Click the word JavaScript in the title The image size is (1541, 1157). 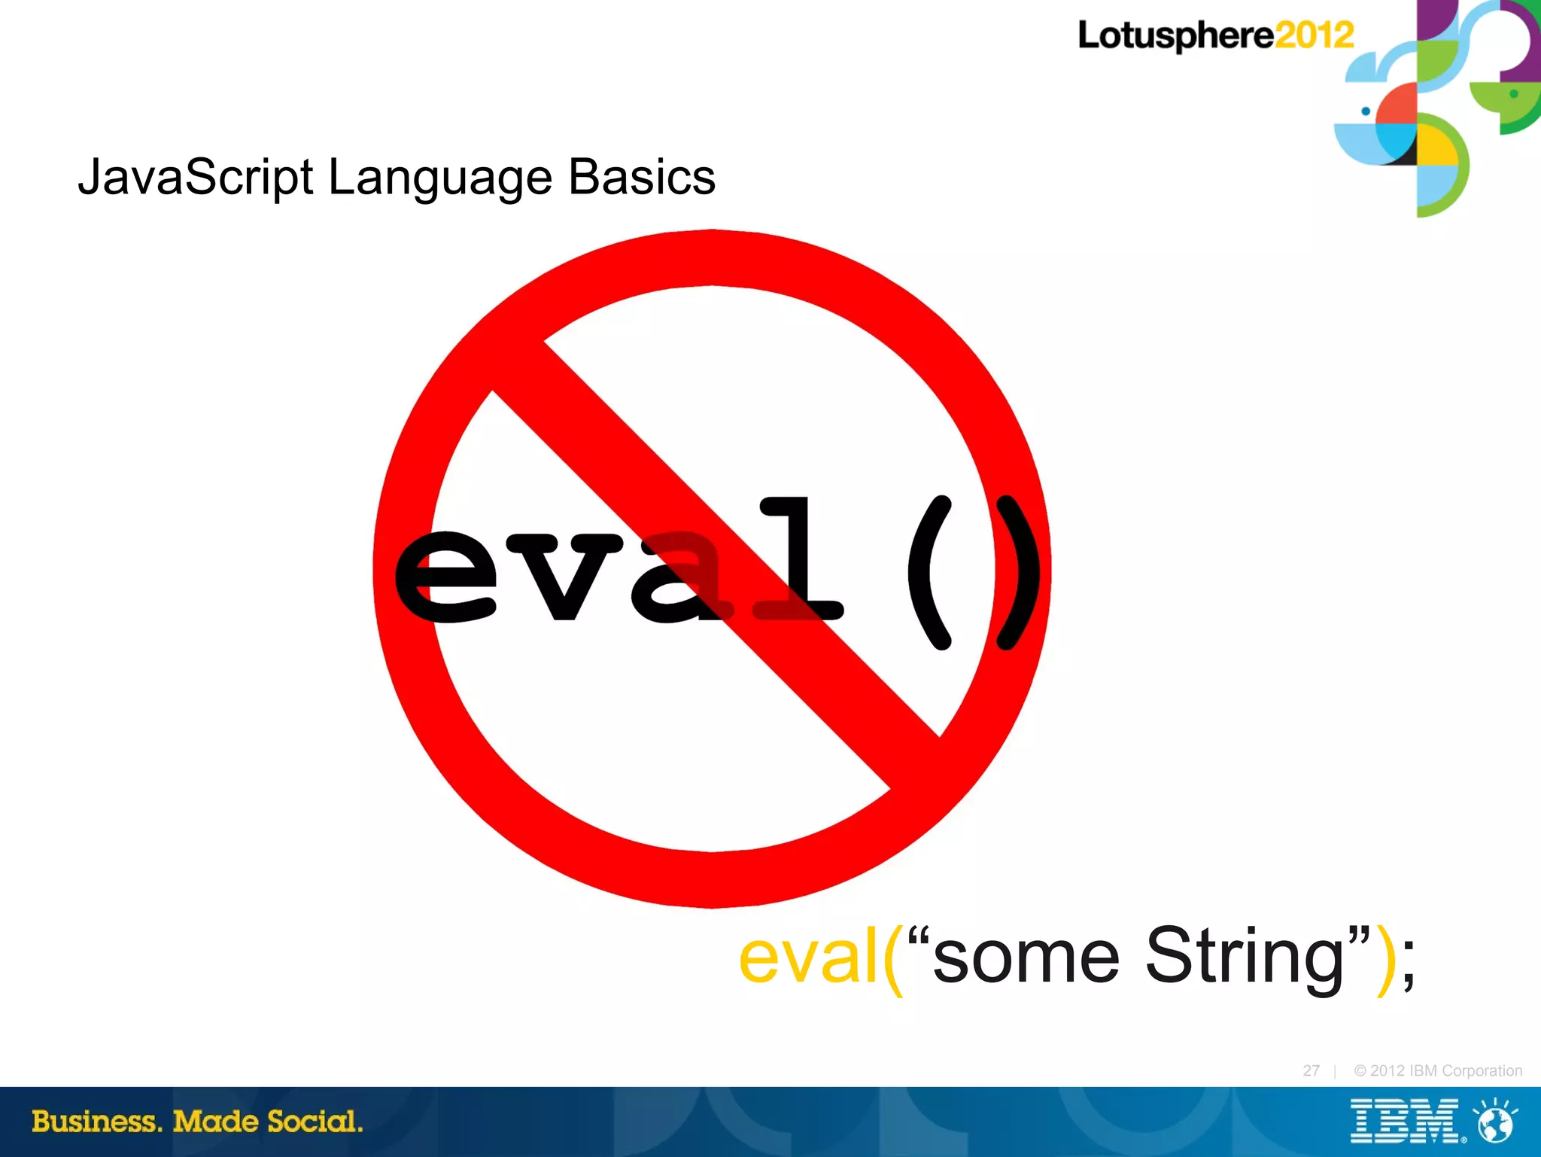click(x=196, y=178)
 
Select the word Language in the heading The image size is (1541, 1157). click(x=439, y=178)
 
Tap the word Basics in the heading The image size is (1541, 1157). click(x=641, y=178)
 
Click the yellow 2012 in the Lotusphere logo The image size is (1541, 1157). click(x=1315, y=35)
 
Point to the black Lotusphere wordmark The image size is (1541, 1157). click(x=1175, y=36)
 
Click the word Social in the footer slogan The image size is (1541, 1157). click(x=315, y=1122)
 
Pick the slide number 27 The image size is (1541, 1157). click(x=1311, y=1070)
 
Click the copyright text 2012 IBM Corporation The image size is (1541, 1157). click(x=1437, y=1070)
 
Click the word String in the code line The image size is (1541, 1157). click(x=1245, y=956)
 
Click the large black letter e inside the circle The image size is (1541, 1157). click(x=445, y=577)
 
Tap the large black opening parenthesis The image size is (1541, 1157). click(x=931, y=572)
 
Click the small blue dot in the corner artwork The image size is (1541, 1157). click(x=1366, y=111)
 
